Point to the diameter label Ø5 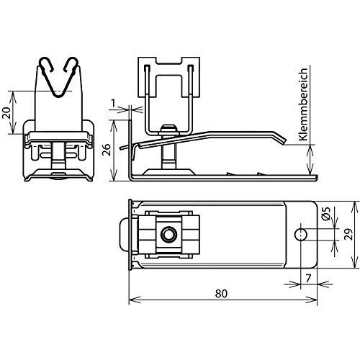coord(326,214)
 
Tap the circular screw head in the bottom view coord(168,234)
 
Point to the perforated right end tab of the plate coord(302,234)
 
